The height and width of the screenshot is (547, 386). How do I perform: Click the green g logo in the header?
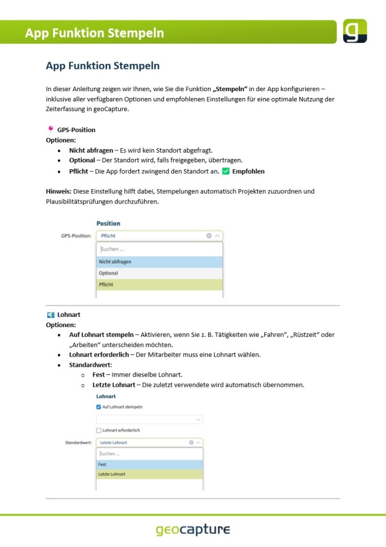click(x=355, y=31)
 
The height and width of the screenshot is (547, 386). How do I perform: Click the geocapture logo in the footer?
click(x=193, y=529)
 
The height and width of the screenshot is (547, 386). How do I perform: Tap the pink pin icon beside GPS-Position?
click(x=50, y=129)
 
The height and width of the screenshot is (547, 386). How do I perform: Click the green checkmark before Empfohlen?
click(x=224, y=171)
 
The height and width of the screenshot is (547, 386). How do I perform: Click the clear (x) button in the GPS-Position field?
click(x=209, y=235)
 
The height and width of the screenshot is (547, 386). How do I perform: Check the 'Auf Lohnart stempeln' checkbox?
click(x=98, y=407)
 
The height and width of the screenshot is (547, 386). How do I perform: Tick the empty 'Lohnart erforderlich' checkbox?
click(x=98, y=430)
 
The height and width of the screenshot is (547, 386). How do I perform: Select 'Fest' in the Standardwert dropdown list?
click(x=149, y=464)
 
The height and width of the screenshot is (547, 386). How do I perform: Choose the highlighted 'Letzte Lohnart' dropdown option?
click(x=149, y=474)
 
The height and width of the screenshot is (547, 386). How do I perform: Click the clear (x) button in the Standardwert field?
click(x=191, y=442)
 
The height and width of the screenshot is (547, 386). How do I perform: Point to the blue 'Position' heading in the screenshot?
click(x=108, y=223)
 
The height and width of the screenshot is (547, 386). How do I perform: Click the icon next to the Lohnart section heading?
click(x=50, y=314)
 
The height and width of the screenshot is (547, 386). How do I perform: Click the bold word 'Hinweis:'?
click(x=58, y=191)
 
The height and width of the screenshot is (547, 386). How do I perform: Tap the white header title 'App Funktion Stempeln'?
click(x=95, y=32)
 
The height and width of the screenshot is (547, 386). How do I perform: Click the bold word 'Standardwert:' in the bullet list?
click(x=91, y=364)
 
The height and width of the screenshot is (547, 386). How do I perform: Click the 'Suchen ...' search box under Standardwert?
click(x=149, y=454)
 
